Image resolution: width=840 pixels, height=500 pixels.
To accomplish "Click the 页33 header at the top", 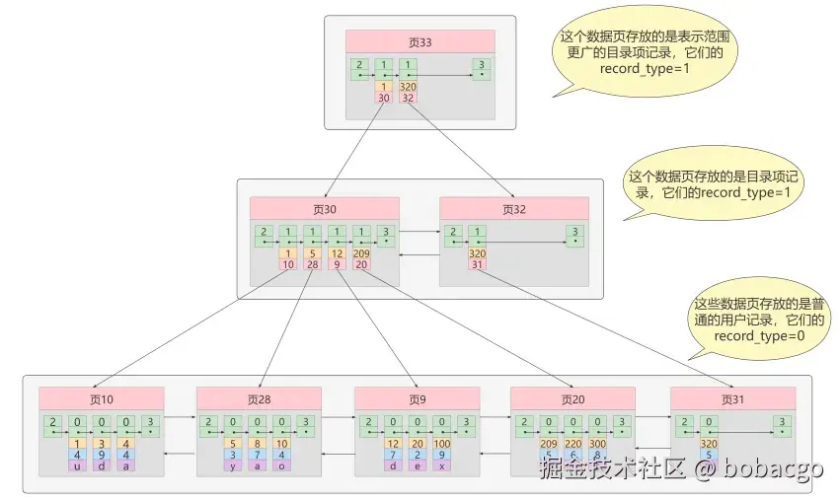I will [420, 41].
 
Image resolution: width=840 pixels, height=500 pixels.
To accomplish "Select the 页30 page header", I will [324, 208].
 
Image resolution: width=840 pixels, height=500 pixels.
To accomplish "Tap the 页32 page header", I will [514, 208].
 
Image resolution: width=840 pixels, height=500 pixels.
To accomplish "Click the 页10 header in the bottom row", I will [102, 398].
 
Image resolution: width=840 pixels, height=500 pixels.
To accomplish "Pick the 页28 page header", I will [259, 398].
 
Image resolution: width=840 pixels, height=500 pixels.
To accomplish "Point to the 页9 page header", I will [417, 398].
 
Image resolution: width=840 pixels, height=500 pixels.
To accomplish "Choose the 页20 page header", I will [573, 398].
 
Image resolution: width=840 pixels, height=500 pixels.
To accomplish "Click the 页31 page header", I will [732, 398].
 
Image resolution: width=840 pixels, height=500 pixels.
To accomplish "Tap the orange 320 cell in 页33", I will [408, 87].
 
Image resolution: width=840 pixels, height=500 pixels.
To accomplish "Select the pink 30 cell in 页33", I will [384, 98].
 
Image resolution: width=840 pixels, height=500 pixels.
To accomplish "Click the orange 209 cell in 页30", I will [361, 253].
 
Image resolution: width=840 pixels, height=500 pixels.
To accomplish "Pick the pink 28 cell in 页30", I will [313, 264].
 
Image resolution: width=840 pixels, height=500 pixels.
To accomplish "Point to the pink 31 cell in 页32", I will [476, 264].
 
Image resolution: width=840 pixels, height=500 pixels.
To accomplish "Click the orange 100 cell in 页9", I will [441, 444].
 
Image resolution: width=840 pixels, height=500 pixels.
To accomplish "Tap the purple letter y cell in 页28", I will [233, 465].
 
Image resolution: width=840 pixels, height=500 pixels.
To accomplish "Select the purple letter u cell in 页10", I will [77, 465].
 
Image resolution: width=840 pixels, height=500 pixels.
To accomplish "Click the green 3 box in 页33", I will [481, 69].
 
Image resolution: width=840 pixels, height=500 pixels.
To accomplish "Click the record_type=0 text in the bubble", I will [760, 336].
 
